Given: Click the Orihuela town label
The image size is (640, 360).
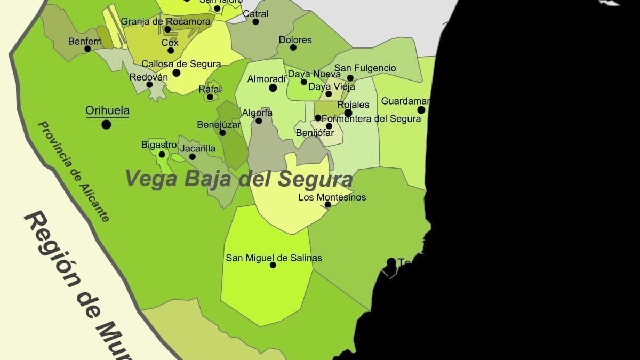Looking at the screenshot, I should [x=107, y=111].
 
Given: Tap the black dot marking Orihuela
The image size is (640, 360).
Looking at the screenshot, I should [x=106, y=124].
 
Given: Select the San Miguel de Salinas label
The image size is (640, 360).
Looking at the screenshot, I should [x=274, y=258].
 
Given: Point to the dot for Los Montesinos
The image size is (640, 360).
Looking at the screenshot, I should [x=327, y=204].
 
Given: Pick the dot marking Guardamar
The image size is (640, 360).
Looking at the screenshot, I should [x=421, y=110].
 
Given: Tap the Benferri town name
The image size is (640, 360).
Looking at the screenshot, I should [x=85, y=41].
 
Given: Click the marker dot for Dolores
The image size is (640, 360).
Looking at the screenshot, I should [x=293, y=47].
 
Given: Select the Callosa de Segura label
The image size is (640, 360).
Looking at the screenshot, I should [x=181, y=64].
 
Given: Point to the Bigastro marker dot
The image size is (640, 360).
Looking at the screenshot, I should [x=162, y=155].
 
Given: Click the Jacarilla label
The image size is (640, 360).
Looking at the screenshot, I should [x=197, y=148].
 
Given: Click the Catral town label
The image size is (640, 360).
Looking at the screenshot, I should [x=255, y=14].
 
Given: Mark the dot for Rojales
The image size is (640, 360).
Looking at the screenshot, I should [x=348, y=113].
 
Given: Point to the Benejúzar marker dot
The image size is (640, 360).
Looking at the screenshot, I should [x=222, y=133].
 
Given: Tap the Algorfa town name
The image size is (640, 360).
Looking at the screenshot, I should [x=257, y=113].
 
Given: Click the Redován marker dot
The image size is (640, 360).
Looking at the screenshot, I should [x=149, y=84].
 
